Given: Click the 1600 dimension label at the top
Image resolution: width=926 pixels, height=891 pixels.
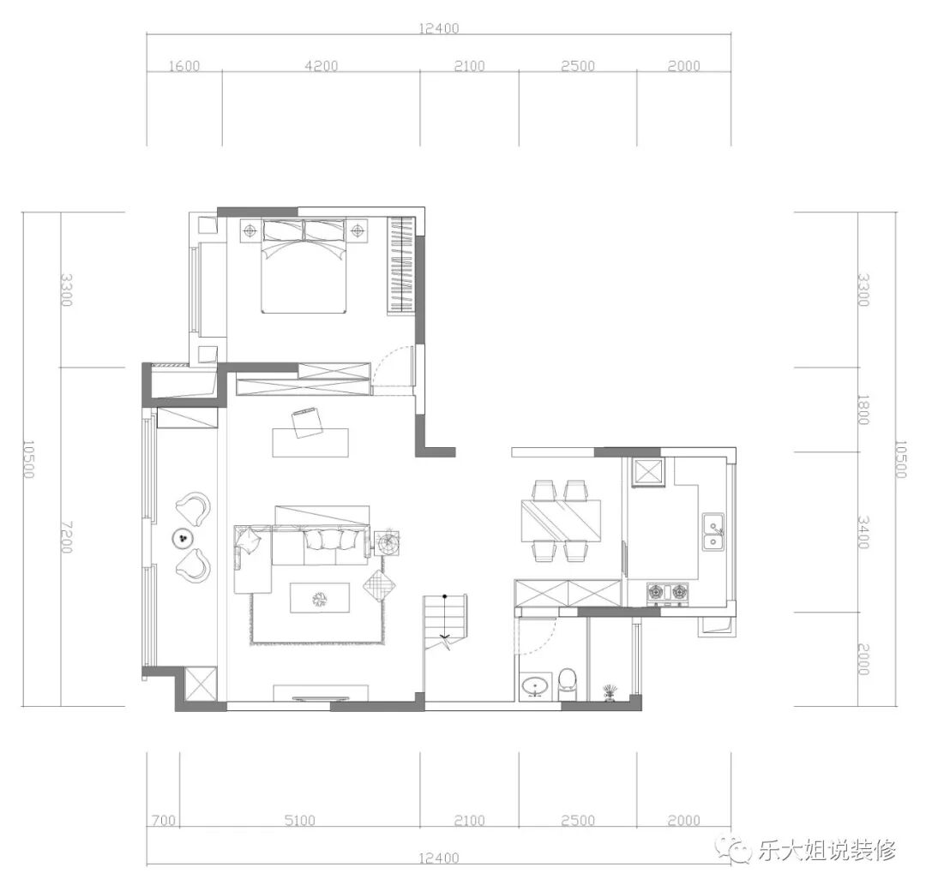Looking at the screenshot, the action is point(184,66).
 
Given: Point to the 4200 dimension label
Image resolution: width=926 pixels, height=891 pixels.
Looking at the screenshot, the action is point(322,65).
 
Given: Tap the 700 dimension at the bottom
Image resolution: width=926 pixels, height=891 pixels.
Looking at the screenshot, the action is point(164,820).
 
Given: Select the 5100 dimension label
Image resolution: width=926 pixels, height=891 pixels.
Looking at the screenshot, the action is point(299,820).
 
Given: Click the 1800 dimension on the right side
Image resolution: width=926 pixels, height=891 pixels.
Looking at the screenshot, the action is point(863,410).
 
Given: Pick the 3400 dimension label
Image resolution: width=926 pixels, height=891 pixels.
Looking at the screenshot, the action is point(863,532).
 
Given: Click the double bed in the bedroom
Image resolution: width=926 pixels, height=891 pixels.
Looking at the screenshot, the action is point(304,265).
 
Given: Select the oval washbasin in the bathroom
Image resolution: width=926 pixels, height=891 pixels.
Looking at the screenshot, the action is point(536,687).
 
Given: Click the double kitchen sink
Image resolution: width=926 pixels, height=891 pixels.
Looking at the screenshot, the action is point(713,532).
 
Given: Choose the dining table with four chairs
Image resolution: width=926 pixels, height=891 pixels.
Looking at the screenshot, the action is point(561,520).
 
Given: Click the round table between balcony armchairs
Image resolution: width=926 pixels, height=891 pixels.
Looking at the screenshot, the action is point(183,537).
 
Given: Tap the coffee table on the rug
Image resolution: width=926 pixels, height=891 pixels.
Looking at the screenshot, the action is point(320,598).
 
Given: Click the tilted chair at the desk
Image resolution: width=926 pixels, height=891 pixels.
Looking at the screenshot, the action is point(307,422).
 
